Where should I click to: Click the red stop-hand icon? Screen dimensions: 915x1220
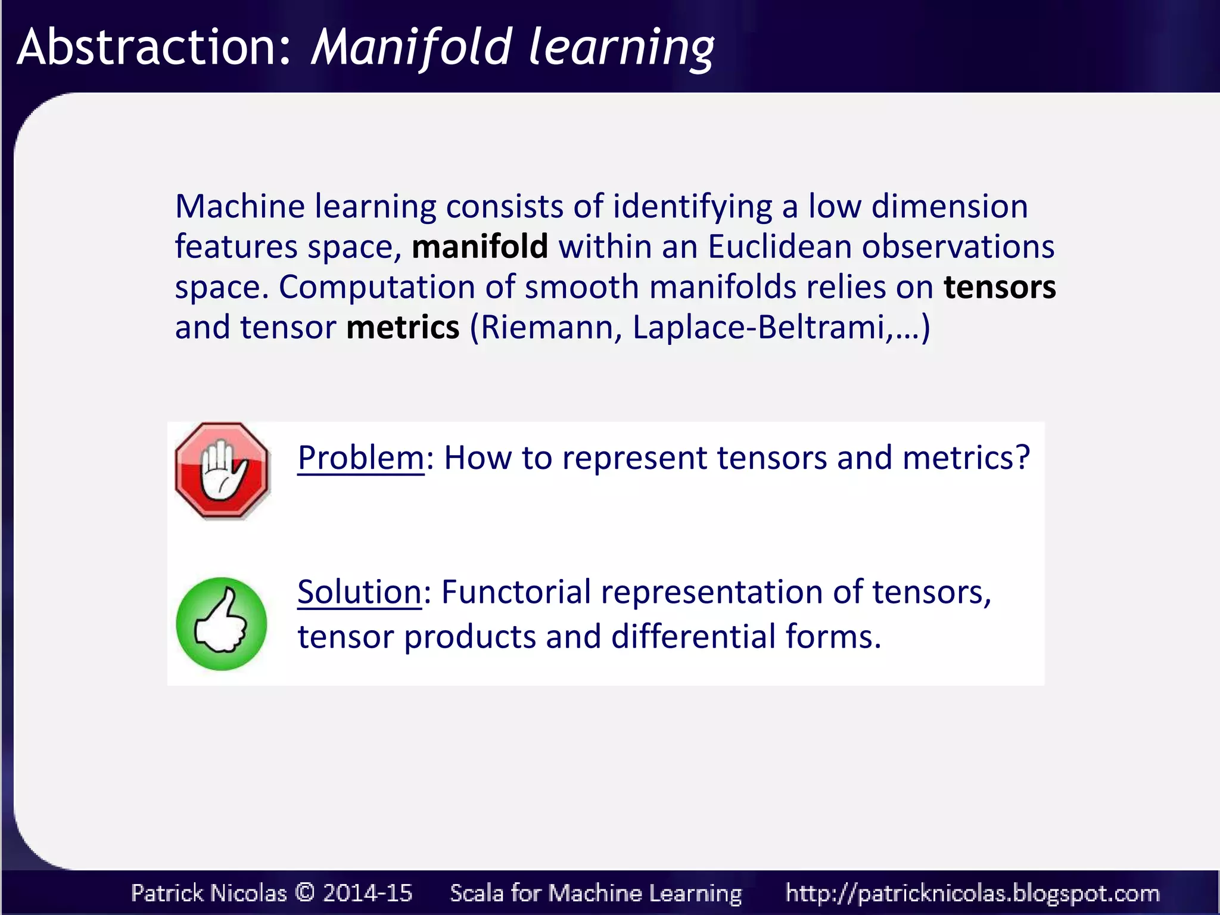222,470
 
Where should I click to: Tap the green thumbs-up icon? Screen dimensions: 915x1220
221,624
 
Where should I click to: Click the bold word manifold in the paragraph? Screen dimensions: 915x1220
480,247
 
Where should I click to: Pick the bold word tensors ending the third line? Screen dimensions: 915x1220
1000,287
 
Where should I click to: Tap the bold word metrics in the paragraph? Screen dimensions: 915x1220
403,328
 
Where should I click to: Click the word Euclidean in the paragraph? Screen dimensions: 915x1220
780,247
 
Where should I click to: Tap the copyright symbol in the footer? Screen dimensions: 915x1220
304,892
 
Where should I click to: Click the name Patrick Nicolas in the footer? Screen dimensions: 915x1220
208,892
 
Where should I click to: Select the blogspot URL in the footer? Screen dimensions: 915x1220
972,892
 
